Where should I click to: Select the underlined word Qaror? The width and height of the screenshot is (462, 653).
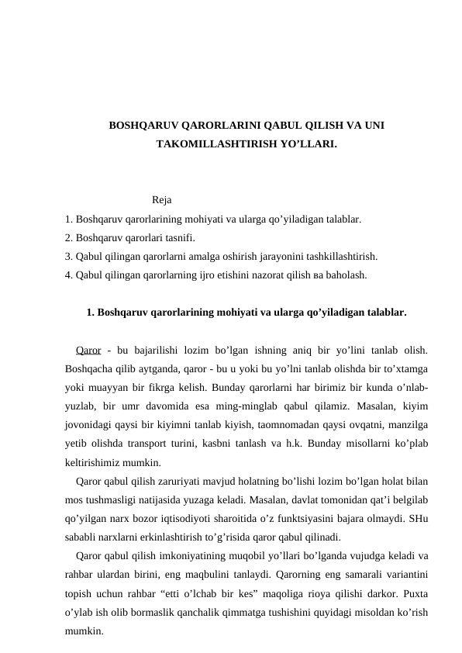click(89, 349)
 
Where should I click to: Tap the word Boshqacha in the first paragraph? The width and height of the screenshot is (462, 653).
click(91, 368)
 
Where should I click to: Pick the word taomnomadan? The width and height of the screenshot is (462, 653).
click(284, 424)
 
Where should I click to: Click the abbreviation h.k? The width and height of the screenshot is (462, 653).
click(317, 443)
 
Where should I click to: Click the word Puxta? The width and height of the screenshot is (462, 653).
click(415, 593)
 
